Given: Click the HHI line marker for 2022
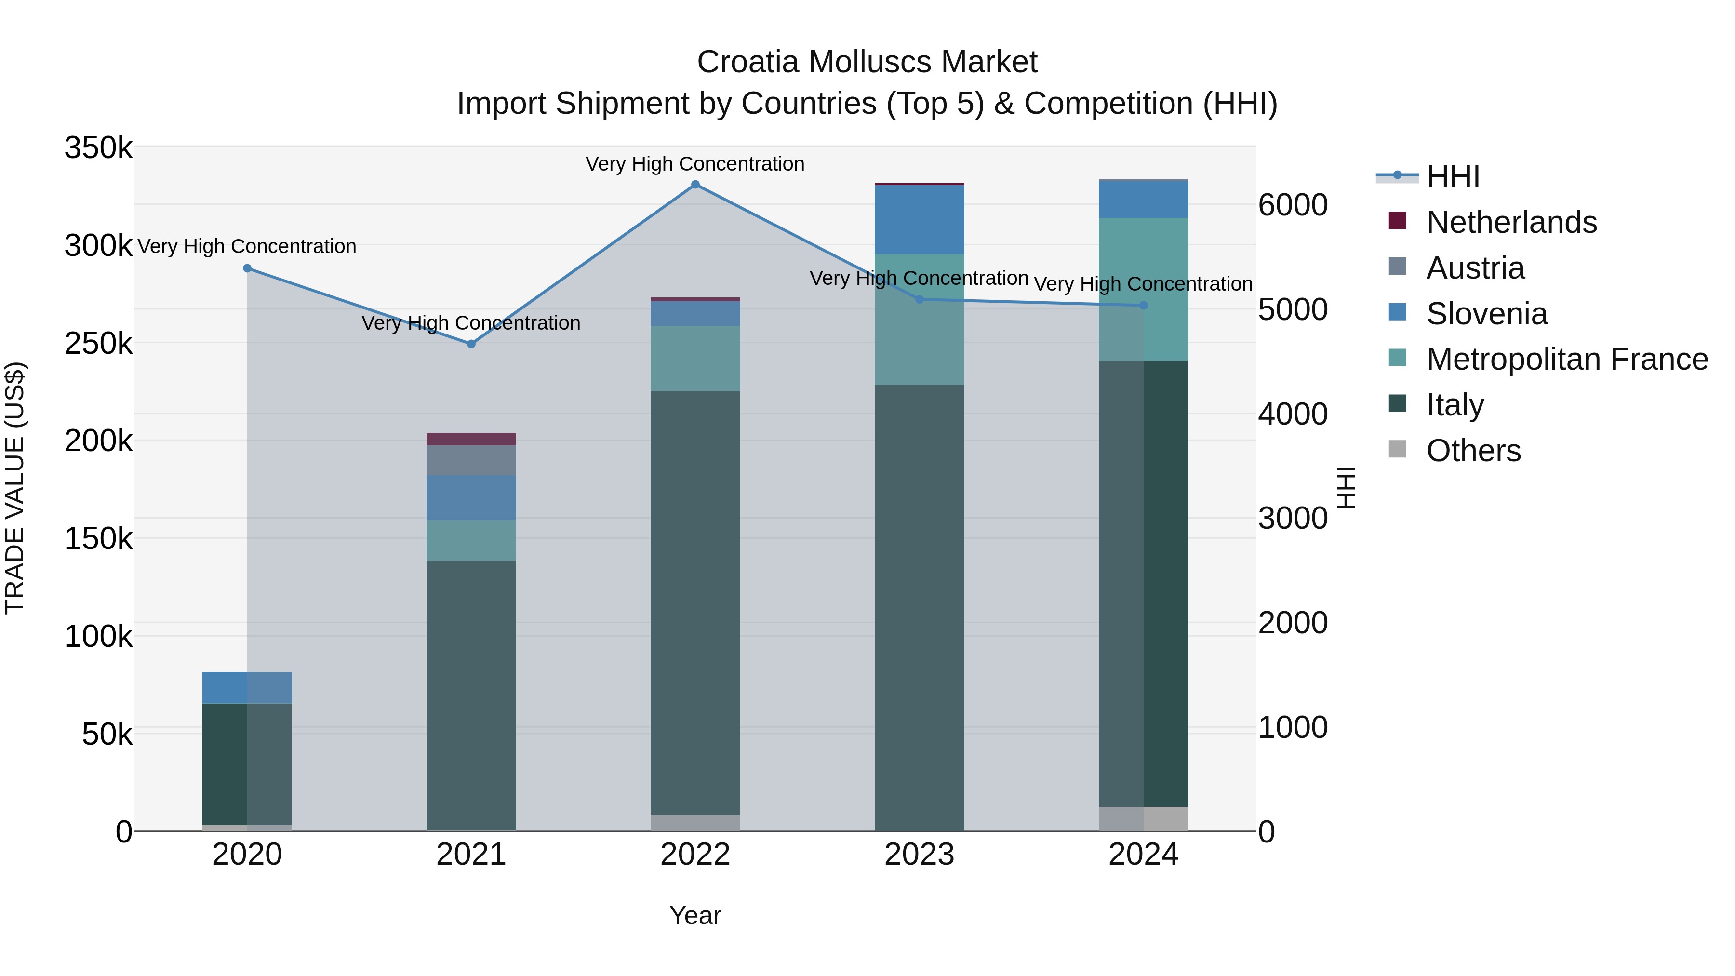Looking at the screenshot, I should pyautogui.click(x=695, y=185).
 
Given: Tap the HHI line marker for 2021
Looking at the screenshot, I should pyautogui.click(x=471, y=344).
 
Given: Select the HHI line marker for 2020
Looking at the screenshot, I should pyautogui.click(x=247, y=268).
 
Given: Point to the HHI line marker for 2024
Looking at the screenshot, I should pyautogui.click(x=1143, y=306).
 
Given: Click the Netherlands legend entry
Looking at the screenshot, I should pyautogui.click(x=1511, y=222).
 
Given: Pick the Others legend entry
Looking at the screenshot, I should pyautogui.click(x=1473, y=451).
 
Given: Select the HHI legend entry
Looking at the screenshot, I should pyautogui.click(x=1452, y=176).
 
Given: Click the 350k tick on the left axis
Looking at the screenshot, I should pyautogui.click(x=98, y=147).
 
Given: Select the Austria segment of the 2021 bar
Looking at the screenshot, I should pyautogui.click(x=471, y=461).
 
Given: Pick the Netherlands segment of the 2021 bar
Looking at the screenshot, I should pyautogui.click(x=471, y=439).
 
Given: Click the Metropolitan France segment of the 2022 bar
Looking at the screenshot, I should pyautogui.click(x=695, y=358).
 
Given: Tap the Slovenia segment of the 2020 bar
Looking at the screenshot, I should pyautogui.click(x=247, y=688).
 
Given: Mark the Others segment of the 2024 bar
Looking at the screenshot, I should pyautogui.click(x=1143, y=818).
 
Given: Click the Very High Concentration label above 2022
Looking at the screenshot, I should pyautogui.click(x=695, y=164).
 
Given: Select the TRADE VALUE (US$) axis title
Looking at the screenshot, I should pyautogui.click(x=15, y=488).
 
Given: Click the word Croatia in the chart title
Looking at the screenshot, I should pyautogui.click(x=748, y=62).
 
